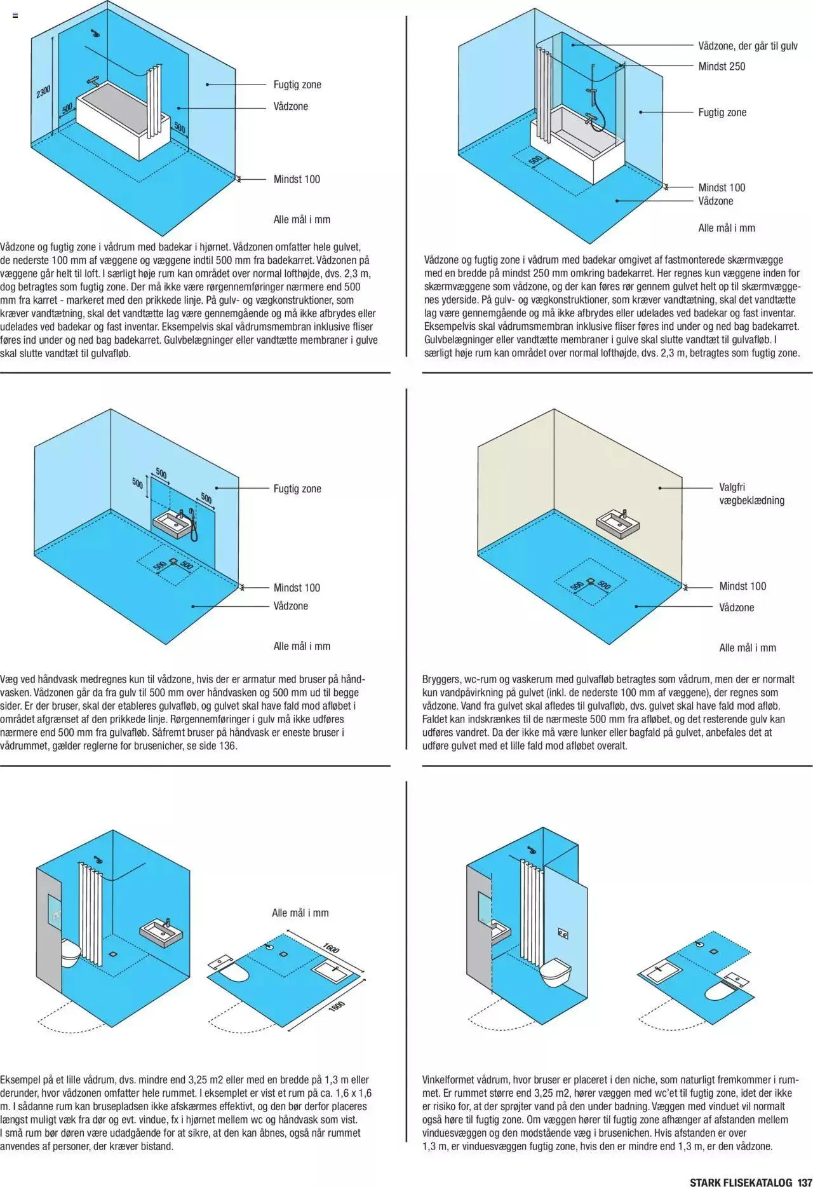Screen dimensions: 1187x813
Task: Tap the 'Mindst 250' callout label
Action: click(722, 66)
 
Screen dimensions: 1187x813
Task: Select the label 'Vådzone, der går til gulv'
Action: click(748, 46)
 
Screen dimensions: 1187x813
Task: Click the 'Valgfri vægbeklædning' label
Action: click(751, 494)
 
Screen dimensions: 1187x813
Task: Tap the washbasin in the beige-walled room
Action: click(618, 524)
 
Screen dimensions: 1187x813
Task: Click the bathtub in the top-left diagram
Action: click(121, 121)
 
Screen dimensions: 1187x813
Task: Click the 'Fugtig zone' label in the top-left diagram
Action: click(297, 85)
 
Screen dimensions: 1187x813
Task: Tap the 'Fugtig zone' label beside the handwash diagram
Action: click(297, 489)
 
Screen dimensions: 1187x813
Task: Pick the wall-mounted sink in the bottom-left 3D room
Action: click(160, 933)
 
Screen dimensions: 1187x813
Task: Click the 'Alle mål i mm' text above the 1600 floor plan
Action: click(300, 912)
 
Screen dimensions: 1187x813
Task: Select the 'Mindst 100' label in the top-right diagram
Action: click(722, 187)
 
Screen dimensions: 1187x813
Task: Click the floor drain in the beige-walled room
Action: click(591, 581)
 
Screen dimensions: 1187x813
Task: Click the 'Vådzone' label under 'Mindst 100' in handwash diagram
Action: click(290, 606)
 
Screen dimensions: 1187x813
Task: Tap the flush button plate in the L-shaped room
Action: click(563, 933)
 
